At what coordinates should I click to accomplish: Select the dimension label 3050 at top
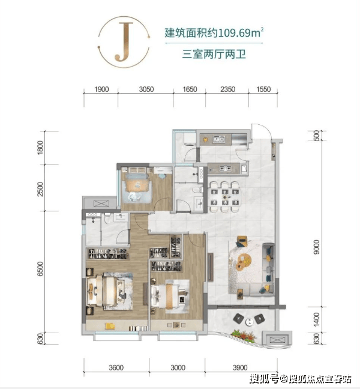point(146,89)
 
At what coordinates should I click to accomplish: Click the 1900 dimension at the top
point(101,89)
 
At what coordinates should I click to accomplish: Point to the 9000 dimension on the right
point(317,247)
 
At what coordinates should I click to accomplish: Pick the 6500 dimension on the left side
point(40,269)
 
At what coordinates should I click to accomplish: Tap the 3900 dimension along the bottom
point(240,367)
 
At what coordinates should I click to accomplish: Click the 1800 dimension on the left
point(40,147)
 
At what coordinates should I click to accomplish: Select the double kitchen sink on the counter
point(218,139)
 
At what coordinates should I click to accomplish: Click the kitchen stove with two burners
point(226,169)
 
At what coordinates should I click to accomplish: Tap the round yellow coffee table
point(244,262)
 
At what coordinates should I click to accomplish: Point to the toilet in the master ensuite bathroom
point(107,218)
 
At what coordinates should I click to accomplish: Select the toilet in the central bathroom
point(197,190)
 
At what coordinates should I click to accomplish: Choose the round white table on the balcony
point(249,322)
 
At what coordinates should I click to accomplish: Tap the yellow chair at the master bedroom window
point(110,326)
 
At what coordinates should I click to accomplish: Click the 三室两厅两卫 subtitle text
point(214,55)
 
